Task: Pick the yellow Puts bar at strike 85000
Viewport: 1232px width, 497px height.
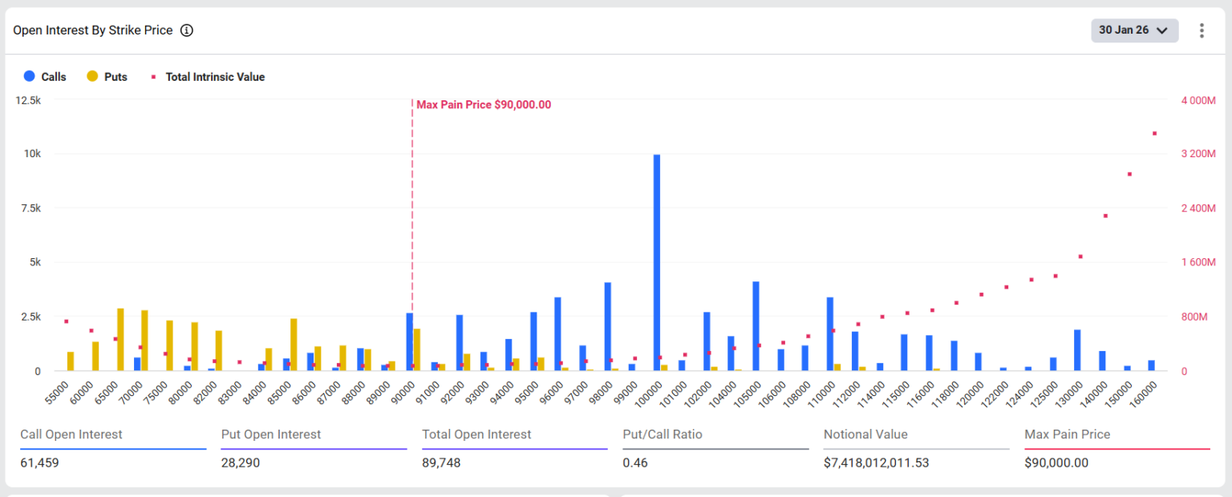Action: (x=294, y=345)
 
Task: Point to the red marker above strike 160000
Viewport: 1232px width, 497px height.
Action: (x=1155, y=133)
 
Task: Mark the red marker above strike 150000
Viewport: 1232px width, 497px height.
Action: (x=1129, y=174)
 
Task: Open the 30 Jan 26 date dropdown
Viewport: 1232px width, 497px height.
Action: (x=1134, y=30)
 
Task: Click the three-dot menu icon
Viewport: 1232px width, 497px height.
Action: (x=1202, y=30)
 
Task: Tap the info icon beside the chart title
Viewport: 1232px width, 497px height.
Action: (x=187, y=30)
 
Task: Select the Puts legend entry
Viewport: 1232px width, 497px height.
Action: (x=107, y=77)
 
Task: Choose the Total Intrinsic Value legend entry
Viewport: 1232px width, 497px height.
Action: (x=209, y=77)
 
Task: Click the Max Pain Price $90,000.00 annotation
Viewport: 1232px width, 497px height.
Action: (x=483, y=105)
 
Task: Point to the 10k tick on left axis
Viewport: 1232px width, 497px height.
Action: (x=30, y=153)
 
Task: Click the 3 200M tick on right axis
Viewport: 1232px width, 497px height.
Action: (x=1198, y=153)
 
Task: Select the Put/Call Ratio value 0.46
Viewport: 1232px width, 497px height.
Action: (x=635, y=463)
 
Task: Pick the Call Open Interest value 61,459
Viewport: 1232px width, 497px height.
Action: (x=39, y=463)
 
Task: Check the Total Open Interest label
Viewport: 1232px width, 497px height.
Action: (x=476, y=434)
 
